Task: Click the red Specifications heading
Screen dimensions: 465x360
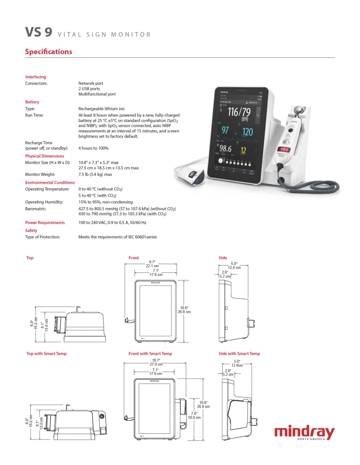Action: pos(48,52)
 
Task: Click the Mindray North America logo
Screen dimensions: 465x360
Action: pos(304,433)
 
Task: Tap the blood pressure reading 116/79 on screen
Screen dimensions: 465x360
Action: pos(239,112)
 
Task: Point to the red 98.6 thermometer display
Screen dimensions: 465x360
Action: pos(284,149)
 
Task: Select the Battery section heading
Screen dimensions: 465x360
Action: pos(32,102)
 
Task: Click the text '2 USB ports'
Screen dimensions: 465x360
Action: pos(89,89)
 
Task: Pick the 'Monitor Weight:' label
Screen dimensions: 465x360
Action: pos(40,174)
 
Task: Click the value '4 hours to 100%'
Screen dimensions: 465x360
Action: pos(93,148)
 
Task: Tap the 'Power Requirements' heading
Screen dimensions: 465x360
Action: pos(45,223)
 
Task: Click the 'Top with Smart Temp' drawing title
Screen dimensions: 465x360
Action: pos(47,353)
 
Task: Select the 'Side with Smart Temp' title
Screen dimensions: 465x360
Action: pos(239,353)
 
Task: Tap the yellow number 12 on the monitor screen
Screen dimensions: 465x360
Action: pos(243,150)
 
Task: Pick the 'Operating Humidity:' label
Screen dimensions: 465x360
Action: pos(44,202)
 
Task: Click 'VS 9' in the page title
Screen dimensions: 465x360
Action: pos(39,32)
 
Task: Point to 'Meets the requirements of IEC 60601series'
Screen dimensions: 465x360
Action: pos(117,237)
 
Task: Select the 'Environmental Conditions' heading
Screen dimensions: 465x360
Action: pos(50,182)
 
